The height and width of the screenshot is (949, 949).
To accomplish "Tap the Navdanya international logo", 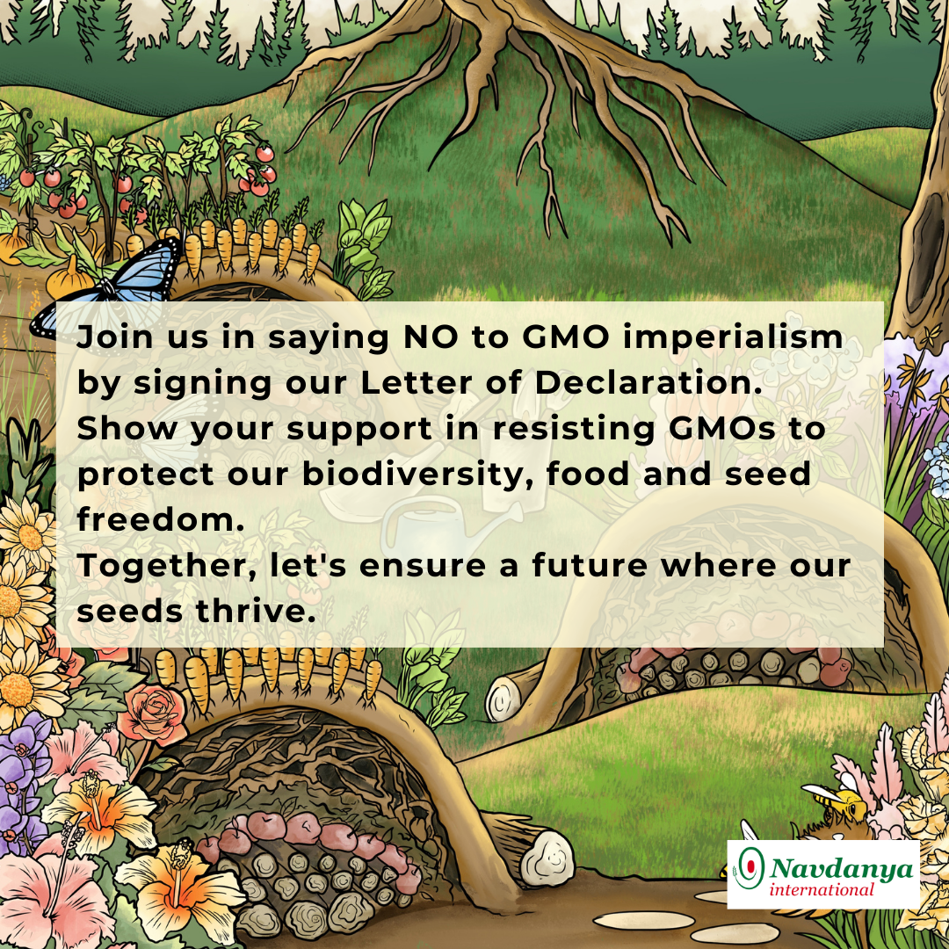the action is [x=823, y=873].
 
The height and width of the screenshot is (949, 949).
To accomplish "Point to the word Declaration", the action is [x=648, y=382].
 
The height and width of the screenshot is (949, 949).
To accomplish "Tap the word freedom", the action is [x=161, y=519].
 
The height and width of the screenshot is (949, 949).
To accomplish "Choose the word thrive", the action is [x=256, y=611].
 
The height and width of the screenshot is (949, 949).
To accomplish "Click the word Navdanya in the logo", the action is [x=842, y=868].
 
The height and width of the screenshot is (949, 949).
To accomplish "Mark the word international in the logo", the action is [x=822, y=889].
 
